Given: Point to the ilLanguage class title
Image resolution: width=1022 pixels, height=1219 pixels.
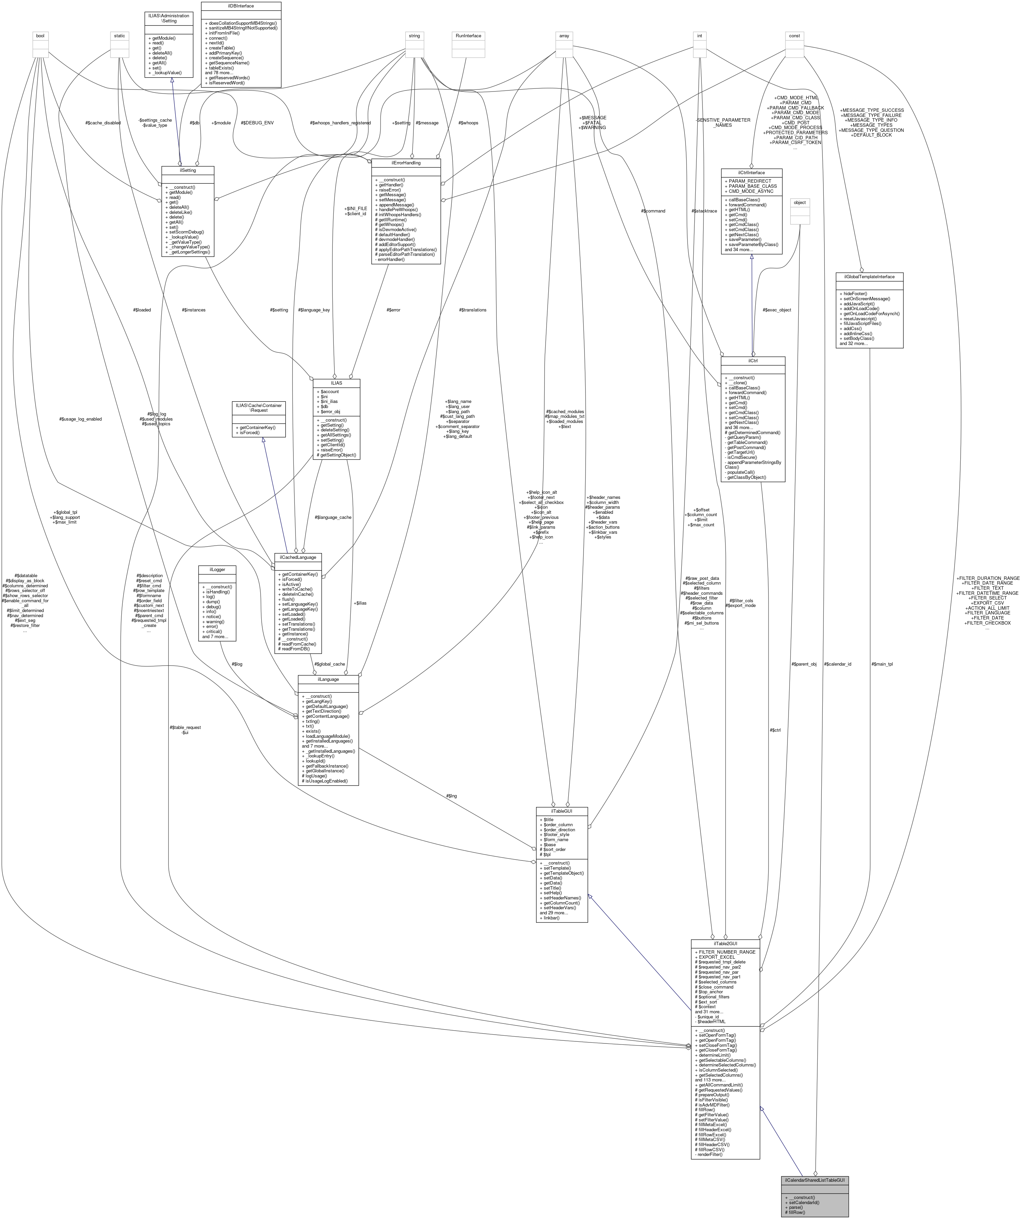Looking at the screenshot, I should coord(328,679).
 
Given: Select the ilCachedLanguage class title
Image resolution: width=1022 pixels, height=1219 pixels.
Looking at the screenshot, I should coord(298,557).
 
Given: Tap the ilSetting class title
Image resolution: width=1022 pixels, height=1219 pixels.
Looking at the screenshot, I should coord(187,170).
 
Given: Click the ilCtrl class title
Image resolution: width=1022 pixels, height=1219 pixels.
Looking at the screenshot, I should coord(752,361).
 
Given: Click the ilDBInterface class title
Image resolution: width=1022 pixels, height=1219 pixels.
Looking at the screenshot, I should coord(241,6).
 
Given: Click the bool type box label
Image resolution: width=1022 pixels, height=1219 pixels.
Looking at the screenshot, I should coord(40,36).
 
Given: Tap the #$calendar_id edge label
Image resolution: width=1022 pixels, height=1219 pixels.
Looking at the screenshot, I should coord(837,664).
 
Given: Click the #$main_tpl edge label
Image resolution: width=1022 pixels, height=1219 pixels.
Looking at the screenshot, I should coord(882,664).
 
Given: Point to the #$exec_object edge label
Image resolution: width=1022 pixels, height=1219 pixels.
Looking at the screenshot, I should coord(777,310).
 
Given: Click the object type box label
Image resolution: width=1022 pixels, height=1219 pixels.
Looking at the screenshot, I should coord(800,203).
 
